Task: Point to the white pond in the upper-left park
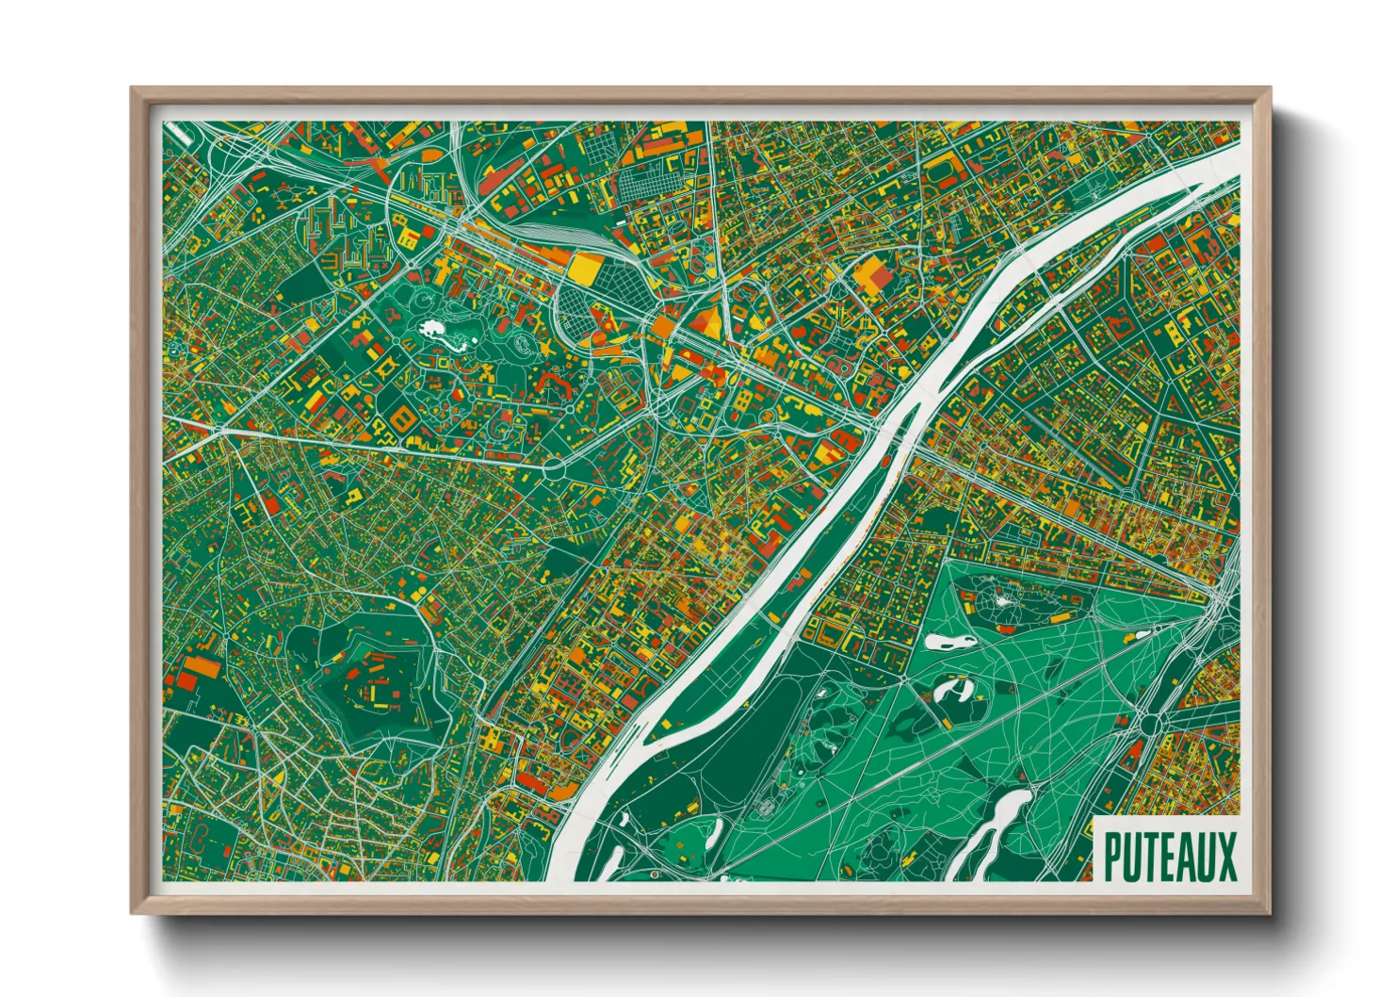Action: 434,329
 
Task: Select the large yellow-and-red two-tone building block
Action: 874,277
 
